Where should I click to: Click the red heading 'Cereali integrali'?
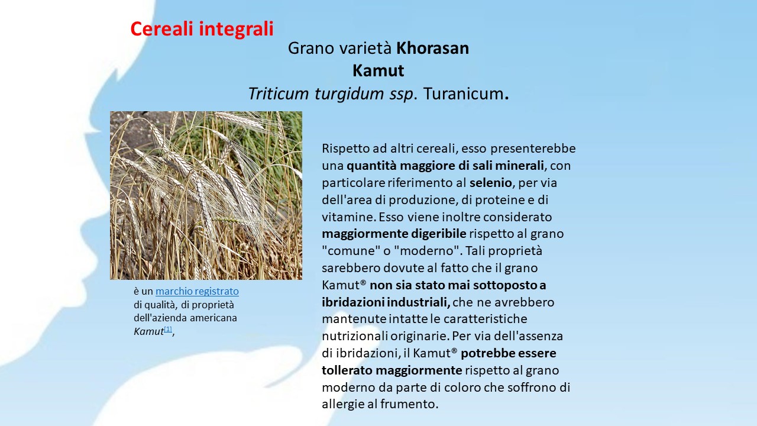coord(202,29)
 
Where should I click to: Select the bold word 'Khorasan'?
coord(432,48)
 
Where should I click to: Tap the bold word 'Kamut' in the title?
coord(378,70)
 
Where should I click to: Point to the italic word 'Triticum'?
coord(279,93)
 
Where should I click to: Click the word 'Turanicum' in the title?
coord(464,93)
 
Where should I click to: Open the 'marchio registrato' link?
coord(197,291)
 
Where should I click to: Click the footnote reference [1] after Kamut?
coord(168,329)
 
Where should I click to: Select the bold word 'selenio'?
coord(491,183)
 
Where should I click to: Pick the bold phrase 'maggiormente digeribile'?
coord(394,234)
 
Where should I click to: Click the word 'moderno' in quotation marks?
coord(427,251)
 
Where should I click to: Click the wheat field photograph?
coord(206,195)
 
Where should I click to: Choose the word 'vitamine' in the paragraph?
coord(348,217)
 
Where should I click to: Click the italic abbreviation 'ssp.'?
coord(402,94)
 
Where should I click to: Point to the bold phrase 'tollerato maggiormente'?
coord(392,370)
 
